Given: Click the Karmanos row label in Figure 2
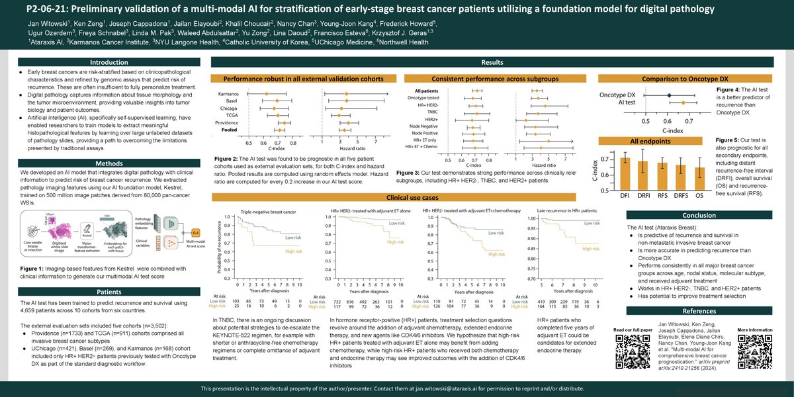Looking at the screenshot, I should coord(229,95).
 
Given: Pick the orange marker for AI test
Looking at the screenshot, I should coord(683,103).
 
